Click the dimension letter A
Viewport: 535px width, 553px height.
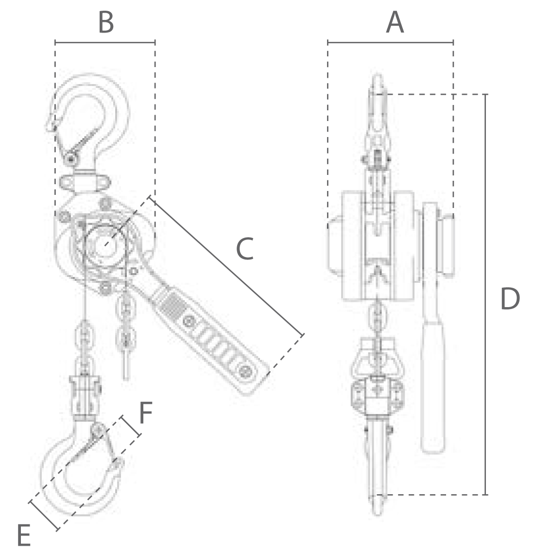(395, 22)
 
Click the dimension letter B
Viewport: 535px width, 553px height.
(106, 22)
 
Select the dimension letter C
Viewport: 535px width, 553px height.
(245, 249)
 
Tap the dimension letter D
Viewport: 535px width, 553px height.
(510, 299)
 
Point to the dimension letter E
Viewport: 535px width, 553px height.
(24, 536)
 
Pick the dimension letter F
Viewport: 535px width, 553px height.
(146, 413)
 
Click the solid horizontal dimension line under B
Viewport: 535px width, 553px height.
(105, 42)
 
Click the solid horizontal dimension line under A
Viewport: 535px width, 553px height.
(390, 42)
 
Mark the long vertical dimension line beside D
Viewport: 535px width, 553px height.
(485, 294)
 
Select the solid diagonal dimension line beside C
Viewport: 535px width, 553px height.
(226, 266)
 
